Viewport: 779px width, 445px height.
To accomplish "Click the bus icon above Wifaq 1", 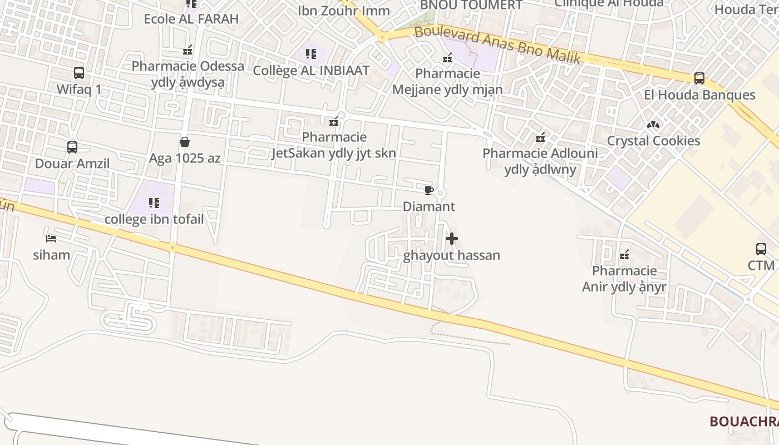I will [x=79, y=73].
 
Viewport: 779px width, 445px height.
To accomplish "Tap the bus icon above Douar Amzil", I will [x=72, y=147].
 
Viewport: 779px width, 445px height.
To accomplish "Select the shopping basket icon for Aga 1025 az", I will [x=185, y=142].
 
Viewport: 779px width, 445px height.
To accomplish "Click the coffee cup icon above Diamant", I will [x=428, y=191].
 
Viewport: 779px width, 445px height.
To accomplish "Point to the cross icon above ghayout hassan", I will [x=452, y=239].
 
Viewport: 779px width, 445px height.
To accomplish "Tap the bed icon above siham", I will [x=51, y=239].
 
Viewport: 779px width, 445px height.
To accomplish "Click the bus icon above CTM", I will [x=761, y=249].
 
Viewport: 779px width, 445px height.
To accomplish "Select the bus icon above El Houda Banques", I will [x=699, y=78].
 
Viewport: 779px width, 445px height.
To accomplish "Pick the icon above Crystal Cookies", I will [x=653, y=125].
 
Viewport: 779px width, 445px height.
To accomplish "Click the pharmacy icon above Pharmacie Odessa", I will [x=188, y=50].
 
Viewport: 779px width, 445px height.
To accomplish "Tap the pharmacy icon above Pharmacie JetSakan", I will [x=334, y=121].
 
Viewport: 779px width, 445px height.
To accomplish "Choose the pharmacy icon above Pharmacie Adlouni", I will [x=540, y=137].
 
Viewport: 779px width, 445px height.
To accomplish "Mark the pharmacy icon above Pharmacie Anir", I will [x=624, y=255].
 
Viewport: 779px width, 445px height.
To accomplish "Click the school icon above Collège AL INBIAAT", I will [x=311, y=54].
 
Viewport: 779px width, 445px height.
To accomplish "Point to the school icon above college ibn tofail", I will [x=154, y=203].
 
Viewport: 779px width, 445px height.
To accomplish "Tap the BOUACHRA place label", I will [x=743, y=422].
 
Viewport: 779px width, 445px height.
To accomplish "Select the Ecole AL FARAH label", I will [x=191, y=19].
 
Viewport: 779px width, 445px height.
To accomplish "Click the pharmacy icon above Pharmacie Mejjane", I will [x=447, y=57].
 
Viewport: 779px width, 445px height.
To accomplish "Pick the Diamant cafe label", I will [x=429, y=207].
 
